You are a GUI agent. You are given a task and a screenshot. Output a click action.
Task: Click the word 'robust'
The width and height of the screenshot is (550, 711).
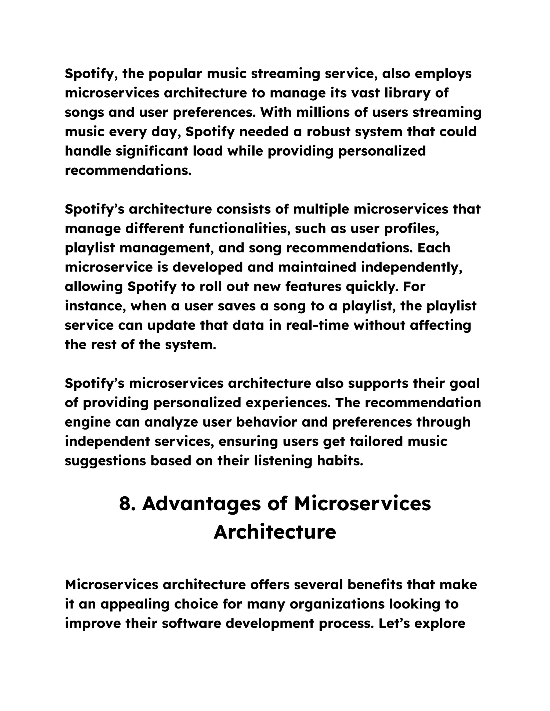327,132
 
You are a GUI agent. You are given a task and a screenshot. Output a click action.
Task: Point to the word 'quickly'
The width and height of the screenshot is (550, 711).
371,287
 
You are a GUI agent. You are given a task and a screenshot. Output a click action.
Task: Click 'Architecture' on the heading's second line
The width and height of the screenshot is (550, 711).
275,532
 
